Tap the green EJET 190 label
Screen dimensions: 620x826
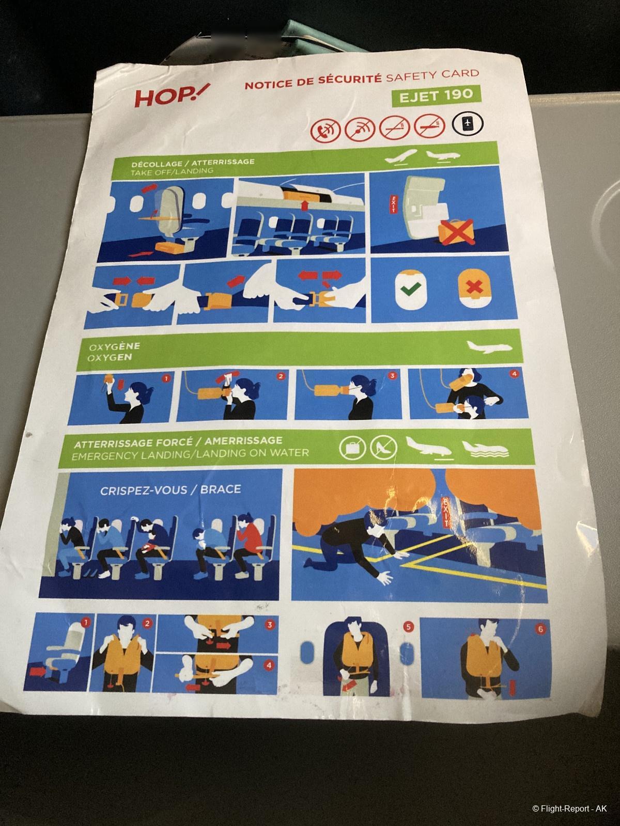436,94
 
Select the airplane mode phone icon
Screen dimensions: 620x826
468,123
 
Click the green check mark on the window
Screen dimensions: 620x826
411,290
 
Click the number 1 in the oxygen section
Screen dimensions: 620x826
166,378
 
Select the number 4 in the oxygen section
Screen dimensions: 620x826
515,374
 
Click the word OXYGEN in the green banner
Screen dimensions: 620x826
109,357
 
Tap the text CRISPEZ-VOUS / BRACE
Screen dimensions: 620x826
170,490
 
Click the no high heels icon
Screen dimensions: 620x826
383,447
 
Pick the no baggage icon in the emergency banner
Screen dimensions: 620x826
352,448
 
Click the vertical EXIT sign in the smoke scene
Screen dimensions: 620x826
446,512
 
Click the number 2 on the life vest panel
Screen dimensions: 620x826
147,624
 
